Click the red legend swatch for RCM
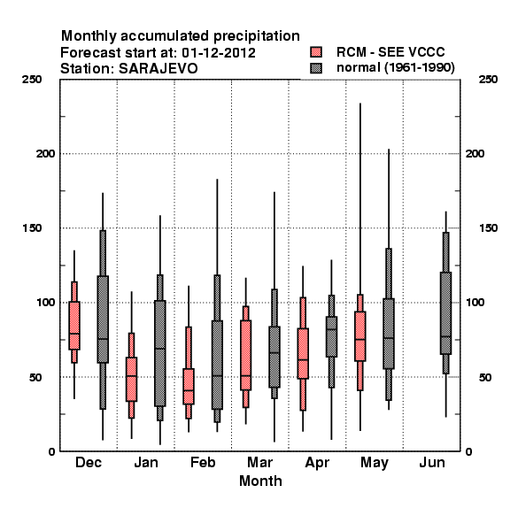[316, 52]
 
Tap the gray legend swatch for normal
[316, 68]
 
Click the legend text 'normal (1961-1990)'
[395, 68]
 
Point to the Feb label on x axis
[203, 462]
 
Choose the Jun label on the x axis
[431, 462]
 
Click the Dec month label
[88, 462]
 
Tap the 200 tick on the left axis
[45, 154]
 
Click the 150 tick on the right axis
[488, 228]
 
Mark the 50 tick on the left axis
[35, 377]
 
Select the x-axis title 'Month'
[260, 481]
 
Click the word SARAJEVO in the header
[158, 69]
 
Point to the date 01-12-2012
[219, 53]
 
